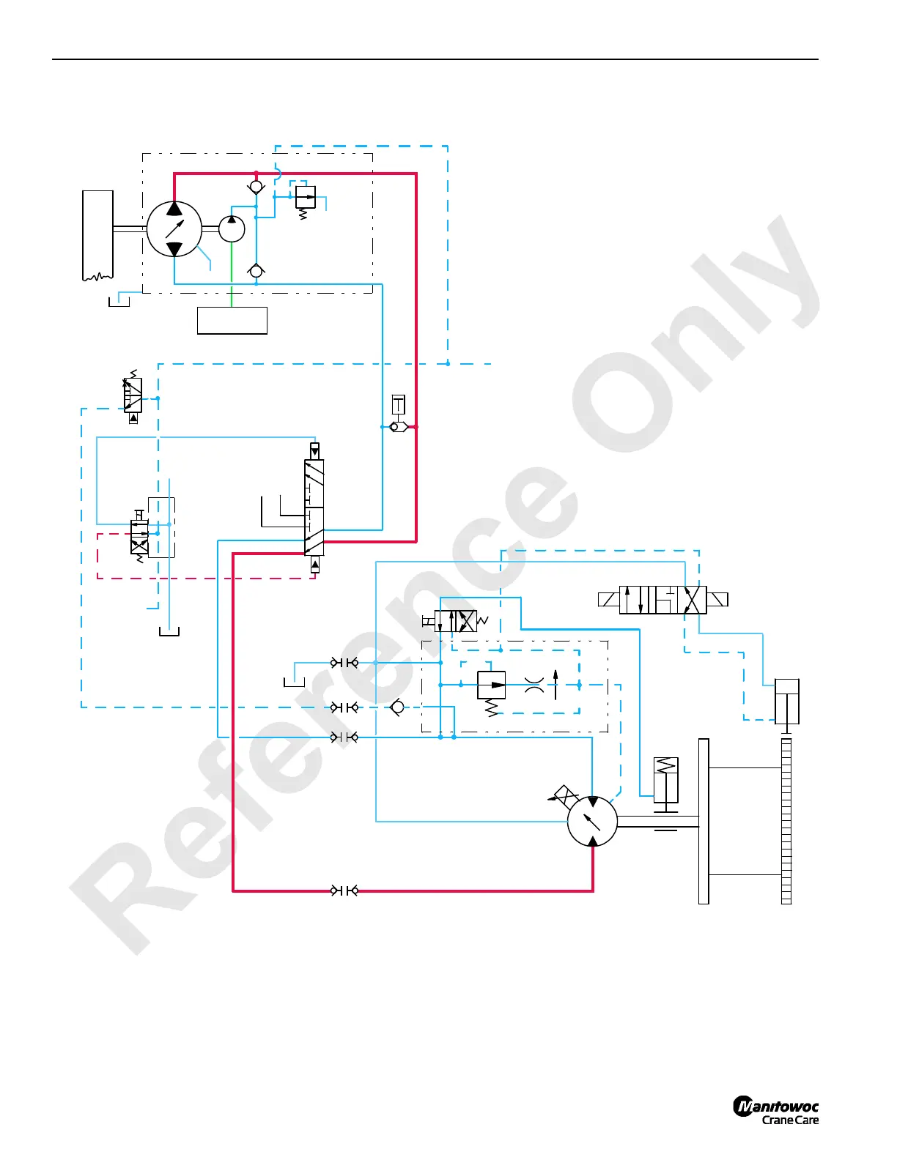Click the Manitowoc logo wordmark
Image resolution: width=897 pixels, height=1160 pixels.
[776, 1106]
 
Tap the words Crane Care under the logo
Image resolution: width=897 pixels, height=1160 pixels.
[790, 1120]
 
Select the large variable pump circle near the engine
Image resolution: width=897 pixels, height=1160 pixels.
[174, 229]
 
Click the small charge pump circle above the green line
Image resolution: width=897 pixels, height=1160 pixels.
[232, 229]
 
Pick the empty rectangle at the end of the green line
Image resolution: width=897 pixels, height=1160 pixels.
[232, 321]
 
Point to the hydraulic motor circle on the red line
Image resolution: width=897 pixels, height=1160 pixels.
[592, 821]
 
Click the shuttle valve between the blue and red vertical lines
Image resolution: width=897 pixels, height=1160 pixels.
[399, 427]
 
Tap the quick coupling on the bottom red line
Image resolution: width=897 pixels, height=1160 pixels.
[344, 891]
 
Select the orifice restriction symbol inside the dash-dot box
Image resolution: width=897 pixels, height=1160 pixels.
[534, 685]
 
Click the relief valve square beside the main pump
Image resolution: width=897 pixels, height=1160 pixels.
[304, 197]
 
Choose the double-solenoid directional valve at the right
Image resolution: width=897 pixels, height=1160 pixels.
[662, 600]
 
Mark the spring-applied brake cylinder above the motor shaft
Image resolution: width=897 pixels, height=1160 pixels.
[665, 781]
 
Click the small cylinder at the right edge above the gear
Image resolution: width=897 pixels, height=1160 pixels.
[787, 702]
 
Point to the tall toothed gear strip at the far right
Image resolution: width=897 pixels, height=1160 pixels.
[786, 821]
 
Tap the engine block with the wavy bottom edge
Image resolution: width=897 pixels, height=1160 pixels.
[97, 234]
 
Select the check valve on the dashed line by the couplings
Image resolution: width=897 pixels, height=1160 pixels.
[397, 707]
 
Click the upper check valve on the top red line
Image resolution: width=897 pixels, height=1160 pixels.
[256, 187]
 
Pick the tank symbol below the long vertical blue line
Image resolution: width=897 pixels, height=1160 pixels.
[169, 631]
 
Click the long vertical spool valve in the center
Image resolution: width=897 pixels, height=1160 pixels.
[314, 507]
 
